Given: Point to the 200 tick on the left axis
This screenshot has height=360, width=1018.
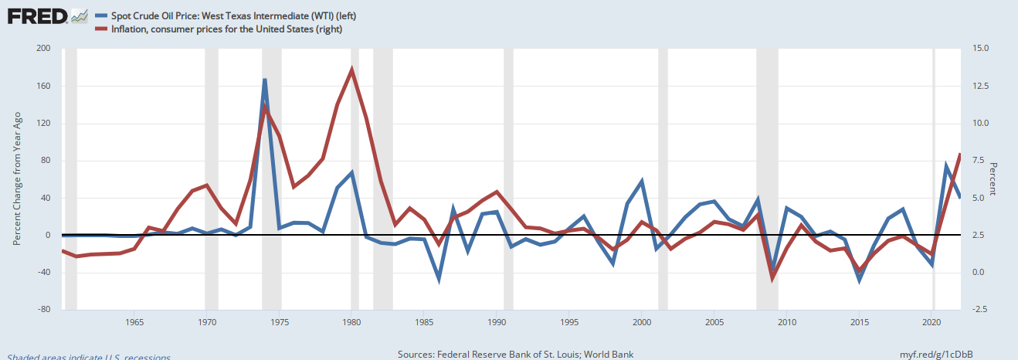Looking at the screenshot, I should coord(43,49).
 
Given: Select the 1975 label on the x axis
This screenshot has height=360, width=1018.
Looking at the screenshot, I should coord(279,321).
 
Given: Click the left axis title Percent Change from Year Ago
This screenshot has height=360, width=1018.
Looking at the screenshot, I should coord(16,178).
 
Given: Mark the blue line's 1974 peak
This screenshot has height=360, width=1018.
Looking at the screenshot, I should coord(265,80).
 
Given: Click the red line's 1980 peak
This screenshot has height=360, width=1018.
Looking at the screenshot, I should coord(352,70).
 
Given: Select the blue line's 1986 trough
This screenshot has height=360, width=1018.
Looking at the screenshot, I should coord(439,279).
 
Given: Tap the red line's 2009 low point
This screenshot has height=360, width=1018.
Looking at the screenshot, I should coord(772,277).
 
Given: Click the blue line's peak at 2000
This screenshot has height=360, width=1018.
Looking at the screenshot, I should coord(642,182).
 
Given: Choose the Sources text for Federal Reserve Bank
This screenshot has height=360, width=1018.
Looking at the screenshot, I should coord(515,354).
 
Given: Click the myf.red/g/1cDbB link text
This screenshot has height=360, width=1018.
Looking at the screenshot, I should coord(936,354).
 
